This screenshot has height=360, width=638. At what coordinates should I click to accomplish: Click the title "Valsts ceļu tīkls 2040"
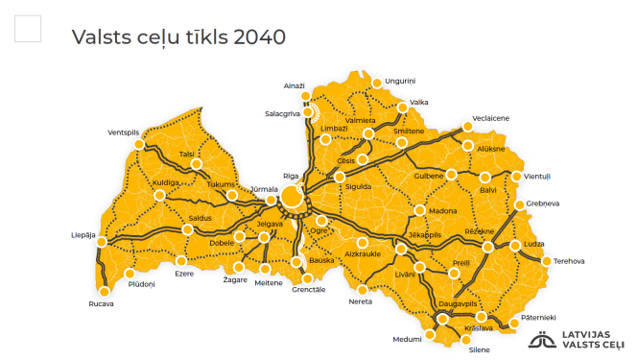(x=178, y=37)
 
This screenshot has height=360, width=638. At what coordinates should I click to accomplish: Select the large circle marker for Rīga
(x=292, y=198)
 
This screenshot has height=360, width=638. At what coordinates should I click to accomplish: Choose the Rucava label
(x=100, y=304)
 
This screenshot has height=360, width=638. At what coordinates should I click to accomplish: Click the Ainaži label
(x=294, y=85)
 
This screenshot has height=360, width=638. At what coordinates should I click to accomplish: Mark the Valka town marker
(x=402, y=108)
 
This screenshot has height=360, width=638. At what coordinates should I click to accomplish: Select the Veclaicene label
(x=491, y=117)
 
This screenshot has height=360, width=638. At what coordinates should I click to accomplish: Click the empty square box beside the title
(x=29, y=29)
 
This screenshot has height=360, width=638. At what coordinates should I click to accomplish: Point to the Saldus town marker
(x=187, y=229)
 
